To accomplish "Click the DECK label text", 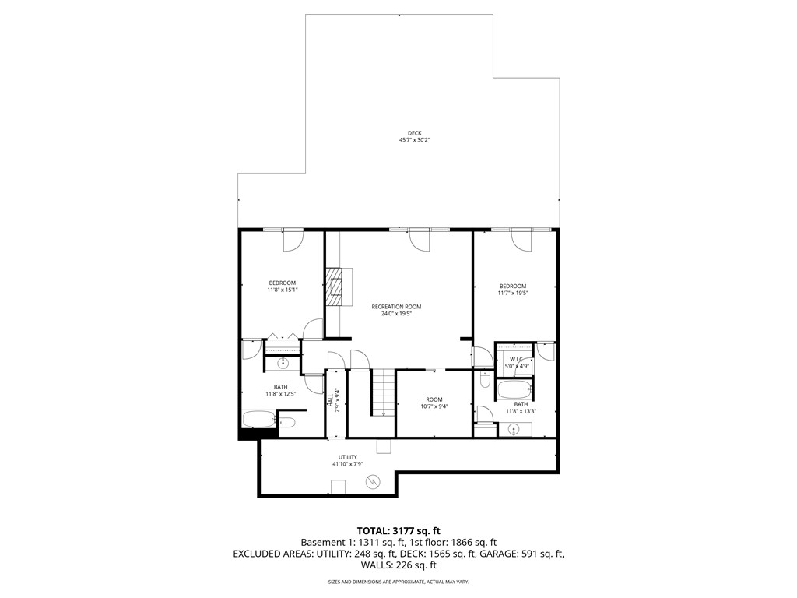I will point(414,133).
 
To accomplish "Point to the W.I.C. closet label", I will point(515,360).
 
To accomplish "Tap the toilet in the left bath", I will point(286,422).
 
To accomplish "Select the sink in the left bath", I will point(283,364).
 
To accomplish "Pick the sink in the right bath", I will point(514,428).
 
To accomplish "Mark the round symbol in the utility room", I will point(374,482).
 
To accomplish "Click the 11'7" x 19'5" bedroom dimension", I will point(512,293).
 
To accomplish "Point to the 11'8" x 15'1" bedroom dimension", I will point(282,290).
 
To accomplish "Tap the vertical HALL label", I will point(330,401).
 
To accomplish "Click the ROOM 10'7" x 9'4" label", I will point(434,403).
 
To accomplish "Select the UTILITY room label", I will point(347,457).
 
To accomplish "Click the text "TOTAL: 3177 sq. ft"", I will point(398,530).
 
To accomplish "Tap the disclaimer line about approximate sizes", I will point(398,582).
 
